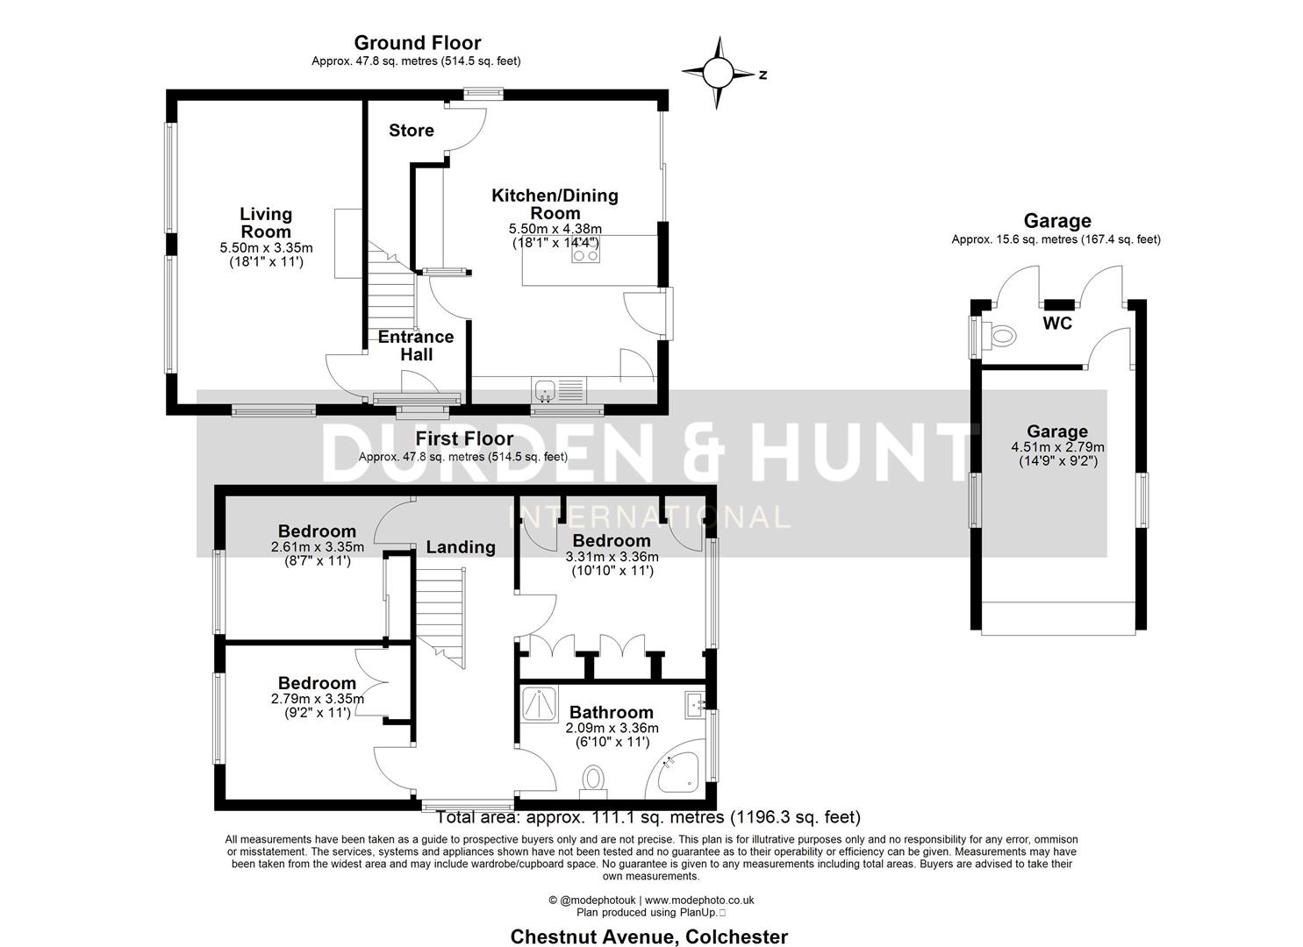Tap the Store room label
[x=411, y=131]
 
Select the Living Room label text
[x=266, y=223]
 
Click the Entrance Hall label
[x=416, y=345]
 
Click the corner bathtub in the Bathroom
[x=678, y=773]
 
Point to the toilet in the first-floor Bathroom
[x=595, y=780]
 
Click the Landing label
[x=461, y=547]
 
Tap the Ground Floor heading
[x=418, y=43]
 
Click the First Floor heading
[x=464, y=438]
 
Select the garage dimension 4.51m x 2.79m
[x=1057, y=446]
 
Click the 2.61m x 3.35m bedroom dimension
[x=318, y=546]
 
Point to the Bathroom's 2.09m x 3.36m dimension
[x=612, y=728]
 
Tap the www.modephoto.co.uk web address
[x=699, y=900]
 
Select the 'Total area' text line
[x=648, y=817]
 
